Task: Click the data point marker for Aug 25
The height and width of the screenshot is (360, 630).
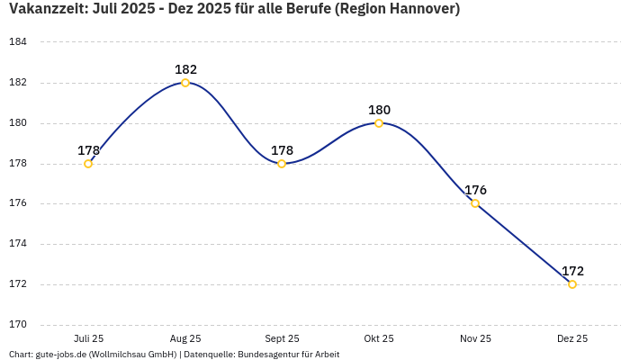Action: pos(185,83)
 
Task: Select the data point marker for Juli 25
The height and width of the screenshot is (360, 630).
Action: pos(88,164)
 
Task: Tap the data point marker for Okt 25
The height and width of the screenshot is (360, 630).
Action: pos(379,123)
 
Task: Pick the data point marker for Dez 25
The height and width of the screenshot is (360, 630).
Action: pos(572,284)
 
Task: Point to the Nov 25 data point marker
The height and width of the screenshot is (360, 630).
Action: pos(475,203)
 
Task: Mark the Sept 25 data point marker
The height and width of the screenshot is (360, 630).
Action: pos(282,164)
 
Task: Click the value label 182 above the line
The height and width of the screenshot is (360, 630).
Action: pos(185,69)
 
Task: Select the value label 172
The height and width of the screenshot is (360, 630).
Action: pos(572,271)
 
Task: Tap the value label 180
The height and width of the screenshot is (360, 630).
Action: pos(379,110)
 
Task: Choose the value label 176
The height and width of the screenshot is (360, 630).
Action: pos(475,190)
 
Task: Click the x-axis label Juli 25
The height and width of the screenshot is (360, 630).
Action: pos(88,338)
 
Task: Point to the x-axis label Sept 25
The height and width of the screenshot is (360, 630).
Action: pos(282,338)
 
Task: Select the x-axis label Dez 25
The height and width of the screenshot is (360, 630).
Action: pos(572,338)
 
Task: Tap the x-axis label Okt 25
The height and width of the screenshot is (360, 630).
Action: pos(379,338)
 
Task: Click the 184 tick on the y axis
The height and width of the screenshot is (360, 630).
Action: pos(18,42)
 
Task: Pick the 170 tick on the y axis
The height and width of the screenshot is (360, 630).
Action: pos(18,324)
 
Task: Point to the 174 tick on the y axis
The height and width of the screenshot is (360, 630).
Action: pos(18,244)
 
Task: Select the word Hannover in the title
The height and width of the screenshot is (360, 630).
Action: pos(422,10)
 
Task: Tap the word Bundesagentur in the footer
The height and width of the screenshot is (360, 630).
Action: pos(264,355)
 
